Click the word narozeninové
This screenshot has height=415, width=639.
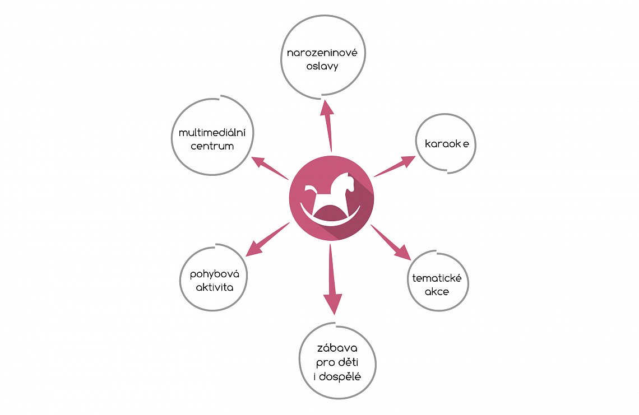[x=322, y=53]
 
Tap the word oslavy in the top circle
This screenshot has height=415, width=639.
[x=322, y=67]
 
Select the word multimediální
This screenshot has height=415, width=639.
[x=212, y=132]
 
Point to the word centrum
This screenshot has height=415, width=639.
[x=212, y=146]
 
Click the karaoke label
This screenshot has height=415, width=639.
[x=447, y=143]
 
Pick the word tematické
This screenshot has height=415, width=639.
[x=437, y=278]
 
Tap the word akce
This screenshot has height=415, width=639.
[x=437, y=292]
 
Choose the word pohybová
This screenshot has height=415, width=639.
[x=215, y=274]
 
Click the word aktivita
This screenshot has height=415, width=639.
[x=214, y=287]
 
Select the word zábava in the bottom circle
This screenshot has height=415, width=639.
[x=337, y=348]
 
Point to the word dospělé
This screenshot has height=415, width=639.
[x=340, y=377]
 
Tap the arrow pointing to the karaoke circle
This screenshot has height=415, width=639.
[x=395, y=166]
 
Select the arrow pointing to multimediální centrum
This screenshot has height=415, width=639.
[x=270, y=168]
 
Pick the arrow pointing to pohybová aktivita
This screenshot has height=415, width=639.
[x=267, y=240]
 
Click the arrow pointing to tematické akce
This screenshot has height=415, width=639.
[x=391, y=242]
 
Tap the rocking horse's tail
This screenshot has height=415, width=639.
[x=310, y=189]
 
